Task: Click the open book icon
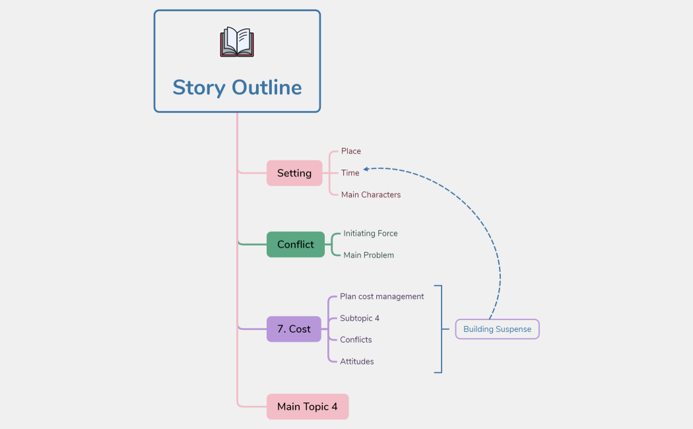[237, 42]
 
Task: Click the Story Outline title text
[237, 87]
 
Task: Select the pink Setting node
[294, 173]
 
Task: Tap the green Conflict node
[296, 244]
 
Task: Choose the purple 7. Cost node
[294, 329]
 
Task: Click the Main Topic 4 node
[307, 407]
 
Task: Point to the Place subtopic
[350, 151]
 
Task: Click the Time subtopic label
[350, 173]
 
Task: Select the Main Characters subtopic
[370, 195]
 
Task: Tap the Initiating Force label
[370, 233]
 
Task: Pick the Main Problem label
[368, 255]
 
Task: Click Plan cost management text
[381, 296]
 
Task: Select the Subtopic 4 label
[359, 318]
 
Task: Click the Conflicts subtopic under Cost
[356, 340]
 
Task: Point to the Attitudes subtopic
[356, 362]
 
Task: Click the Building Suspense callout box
[497, 329]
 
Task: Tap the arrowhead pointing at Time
[366, 170]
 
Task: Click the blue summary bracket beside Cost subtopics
[440, 329]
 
